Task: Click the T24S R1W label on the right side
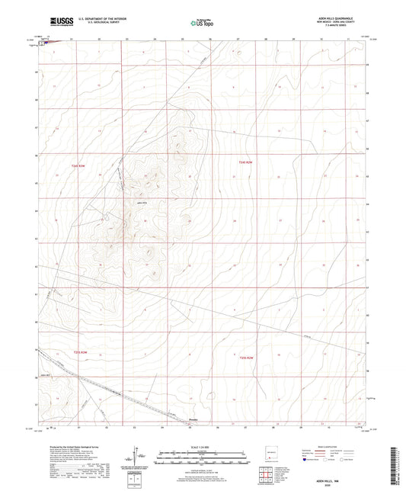coord(245,162)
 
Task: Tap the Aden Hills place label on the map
coord(140,203)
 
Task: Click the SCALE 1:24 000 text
coord(202,447)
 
